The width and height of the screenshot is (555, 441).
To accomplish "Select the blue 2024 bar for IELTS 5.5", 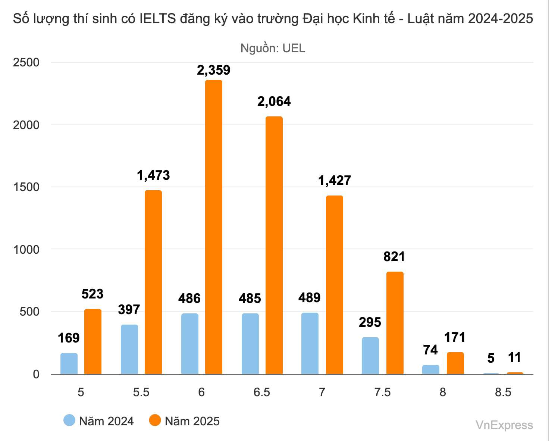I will tap(129, 349).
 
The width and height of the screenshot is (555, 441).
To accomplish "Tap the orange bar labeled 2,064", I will tap(274, 245).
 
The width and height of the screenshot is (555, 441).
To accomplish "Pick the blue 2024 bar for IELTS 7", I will tap(310, 343).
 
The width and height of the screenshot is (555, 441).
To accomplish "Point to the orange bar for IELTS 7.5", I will tap(395, 323).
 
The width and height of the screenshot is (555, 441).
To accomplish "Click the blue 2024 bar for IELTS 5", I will tap(69, 363).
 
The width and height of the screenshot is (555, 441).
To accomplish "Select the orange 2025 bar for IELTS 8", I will tap(455, 363).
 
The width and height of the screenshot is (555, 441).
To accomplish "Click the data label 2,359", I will tap(214, 70).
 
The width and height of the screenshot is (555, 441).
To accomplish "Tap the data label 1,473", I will tap(153, 175).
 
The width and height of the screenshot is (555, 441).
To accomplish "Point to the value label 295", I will tap(370, 322).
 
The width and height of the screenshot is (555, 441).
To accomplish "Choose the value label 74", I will tap(430, 350).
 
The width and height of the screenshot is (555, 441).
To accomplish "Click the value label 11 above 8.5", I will tap(514, 358).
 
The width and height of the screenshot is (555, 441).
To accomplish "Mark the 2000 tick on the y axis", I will tap(26, 125).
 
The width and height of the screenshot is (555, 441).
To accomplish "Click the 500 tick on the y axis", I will tap(29, 312).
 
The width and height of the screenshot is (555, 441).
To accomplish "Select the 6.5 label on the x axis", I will tap(262, 392).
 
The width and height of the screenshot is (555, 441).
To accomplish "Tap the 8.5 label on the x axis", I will tap(503, 392).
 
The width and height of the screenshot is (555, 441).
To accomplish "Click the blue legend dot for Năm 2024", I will tap(69, 420).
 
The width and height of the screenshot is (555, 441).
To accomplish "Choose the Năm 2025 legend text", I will tap(192, 421).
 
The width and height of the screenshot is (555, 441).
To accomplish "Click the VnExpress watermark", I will tap(504, 425).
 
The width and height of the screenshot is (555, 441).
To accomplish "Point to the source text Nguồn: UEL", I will tap(273, 48).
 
